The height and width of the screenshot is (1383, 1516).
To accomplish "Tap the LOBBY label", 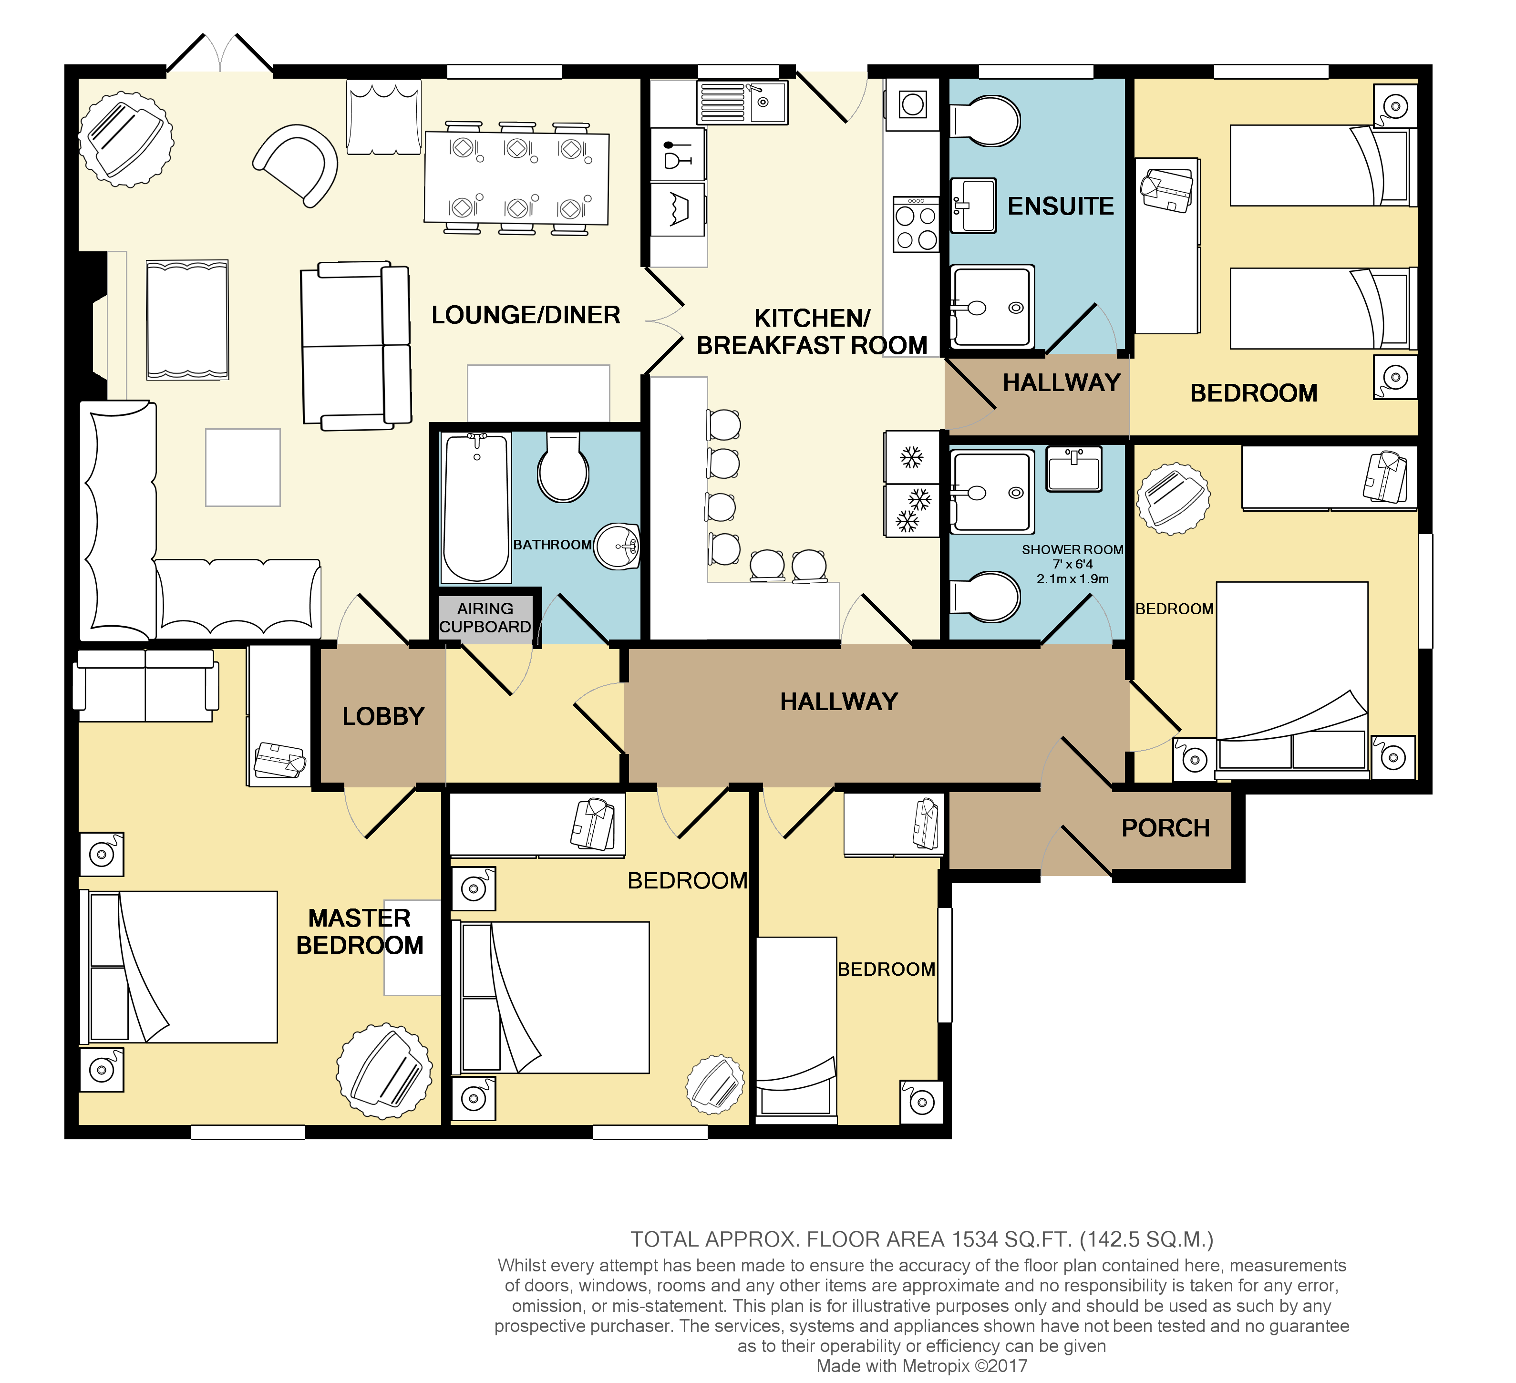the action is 383,717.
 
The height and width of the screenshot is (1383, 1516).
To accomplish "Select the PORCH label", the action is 1165,828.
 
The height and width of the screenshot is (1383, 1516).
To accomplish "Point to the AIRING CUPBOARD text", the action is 485,618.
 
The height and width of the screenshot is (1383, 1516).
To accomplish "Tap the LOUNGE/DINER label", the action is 526,315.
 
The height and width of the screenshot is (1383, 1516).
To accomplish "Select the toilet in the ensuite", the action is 985,120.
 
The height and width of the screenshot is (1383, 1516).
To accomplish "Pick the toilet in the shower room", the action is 985,597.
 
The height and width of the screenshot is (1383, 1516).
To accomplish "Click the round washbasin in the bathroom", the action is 617,546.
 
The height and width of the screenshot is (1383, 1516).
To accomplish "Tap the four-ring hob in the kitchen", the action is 916,224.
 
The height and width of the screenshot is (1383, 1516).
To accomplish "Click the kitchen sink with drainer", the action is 742,102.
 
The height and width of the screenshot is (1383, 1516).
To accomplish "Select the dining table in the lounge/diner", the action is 516,178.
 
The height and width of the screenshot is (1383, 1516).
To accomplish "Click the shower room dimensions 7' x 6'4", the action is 1073,564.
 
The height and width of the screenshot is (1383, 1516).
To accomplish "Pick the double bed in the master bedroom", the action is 179,967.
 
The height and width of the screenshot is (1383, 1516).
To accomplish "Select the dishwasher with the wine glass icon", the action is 678,154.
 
